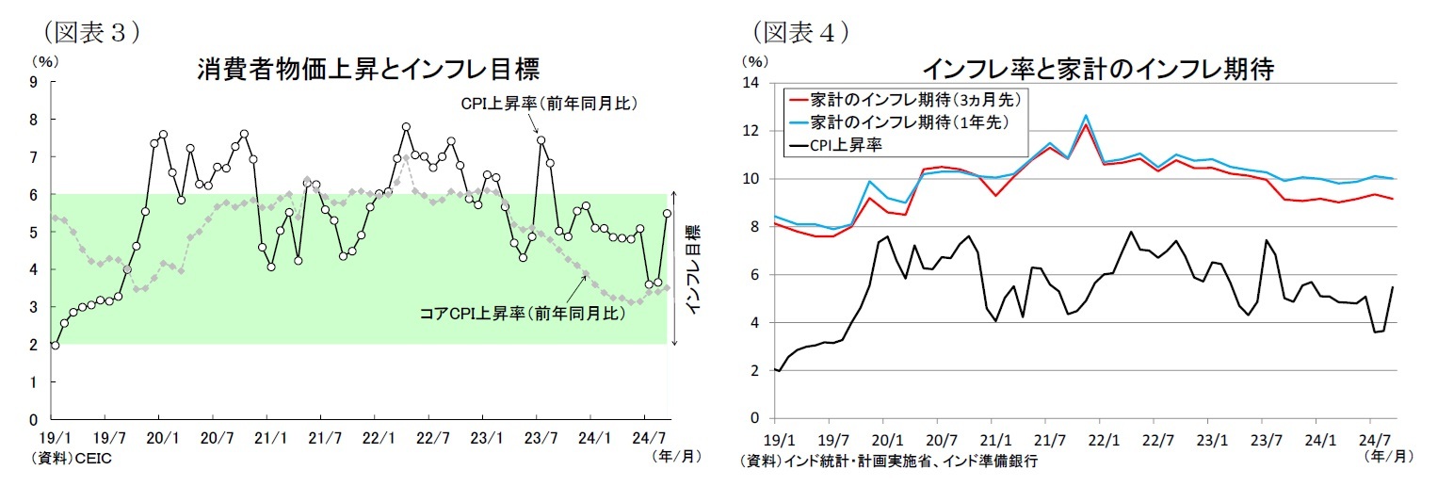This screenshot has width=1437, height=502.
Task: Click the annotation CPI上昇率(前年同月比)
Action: (x=548, y=103)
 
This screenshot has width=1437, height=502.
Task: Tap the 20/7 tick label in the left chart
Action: (x=214, y=438)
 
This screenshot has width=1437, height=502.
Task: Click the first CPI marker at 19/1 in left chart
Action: (x=55, y=345)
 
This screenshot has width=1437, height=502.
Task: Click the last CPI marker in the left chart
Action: (x=668, y=214)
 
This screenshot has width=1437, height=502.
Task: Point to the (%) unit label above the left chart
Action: (x=44, y=60)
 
